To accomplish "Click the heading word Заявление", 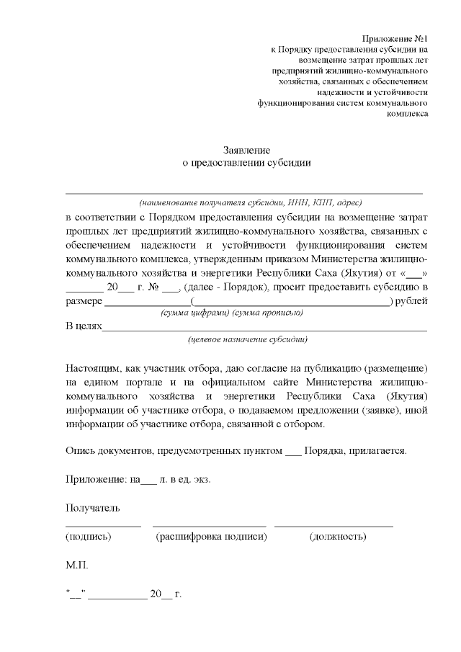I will [246, 151].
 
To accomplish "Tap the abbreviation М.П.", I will [77, 566].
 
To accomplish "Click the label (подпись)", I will [88, 537].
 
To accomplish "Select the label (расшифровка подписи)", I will [211, 537].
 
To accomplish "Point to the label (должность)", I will [337, 537].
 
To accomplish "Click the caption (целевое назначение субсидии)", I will [248, 339].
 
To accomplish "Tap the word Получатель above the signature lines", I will [92, 509].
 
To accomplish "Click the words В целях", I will [84, 326].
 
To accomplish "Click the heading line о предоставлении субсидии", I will [246, 163].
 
